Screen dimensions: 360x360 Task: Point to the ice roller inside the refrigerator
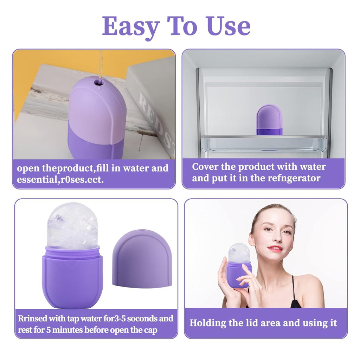(x=269, y=120)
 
